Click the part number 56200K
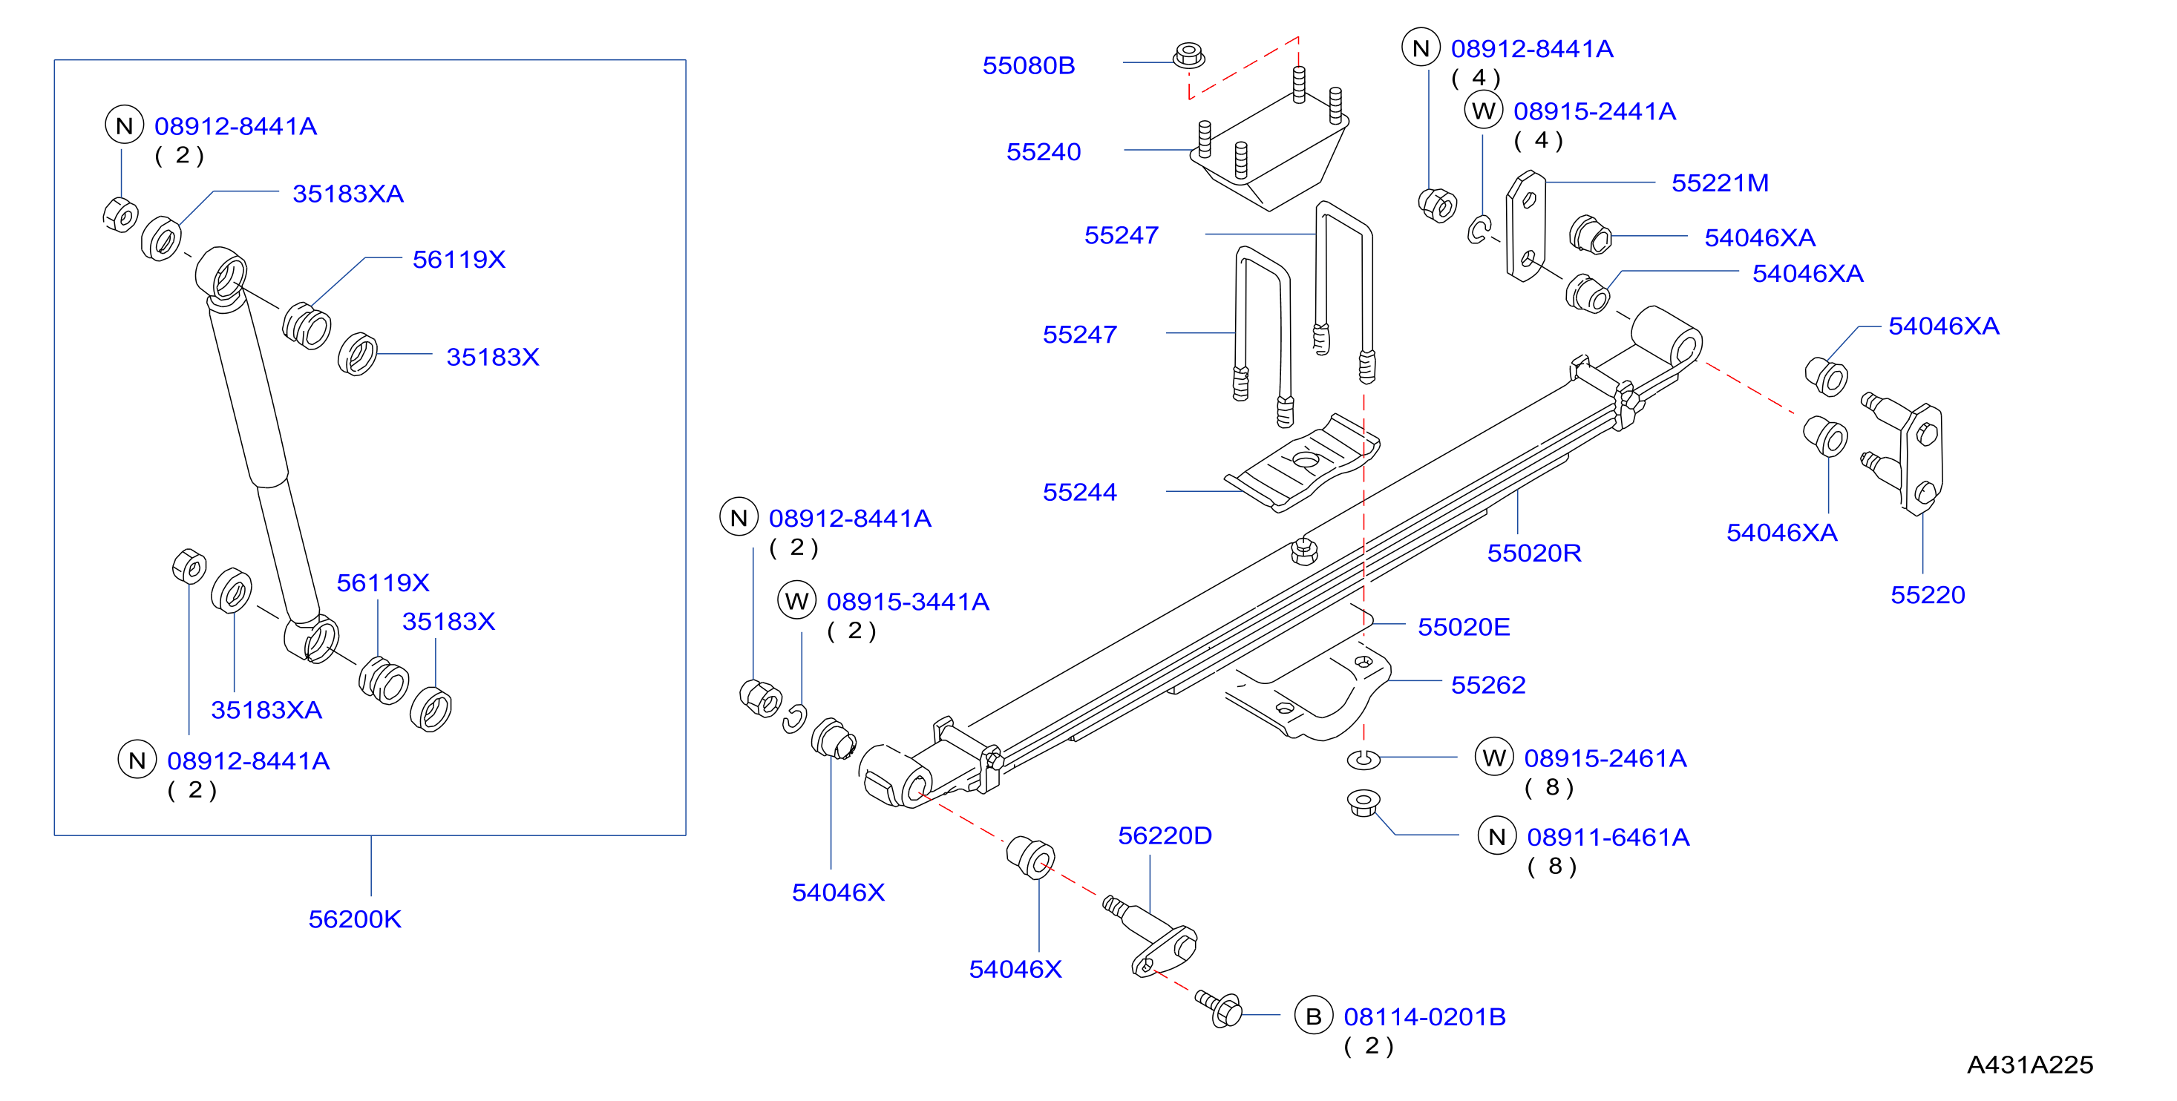pos(354,918)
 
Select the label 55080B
pos(1029,65)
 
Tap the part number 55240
pos(1044,151)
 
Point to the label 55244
pos(1079,492)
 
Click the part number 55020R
pos(1534,553)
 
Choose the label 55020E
pos(1464,627)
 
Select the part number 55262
pos(1488,685)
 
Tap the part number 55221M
pos(1720,183)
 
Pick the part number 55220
pos(1928,595)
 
